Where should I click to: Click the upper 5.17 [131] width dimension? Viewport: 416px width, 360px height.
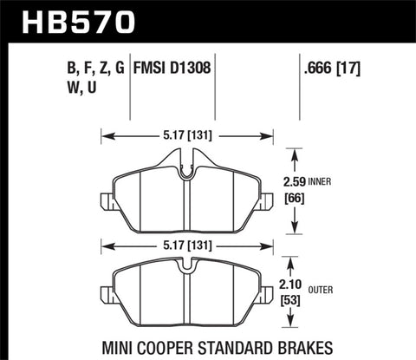(187, 134)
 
